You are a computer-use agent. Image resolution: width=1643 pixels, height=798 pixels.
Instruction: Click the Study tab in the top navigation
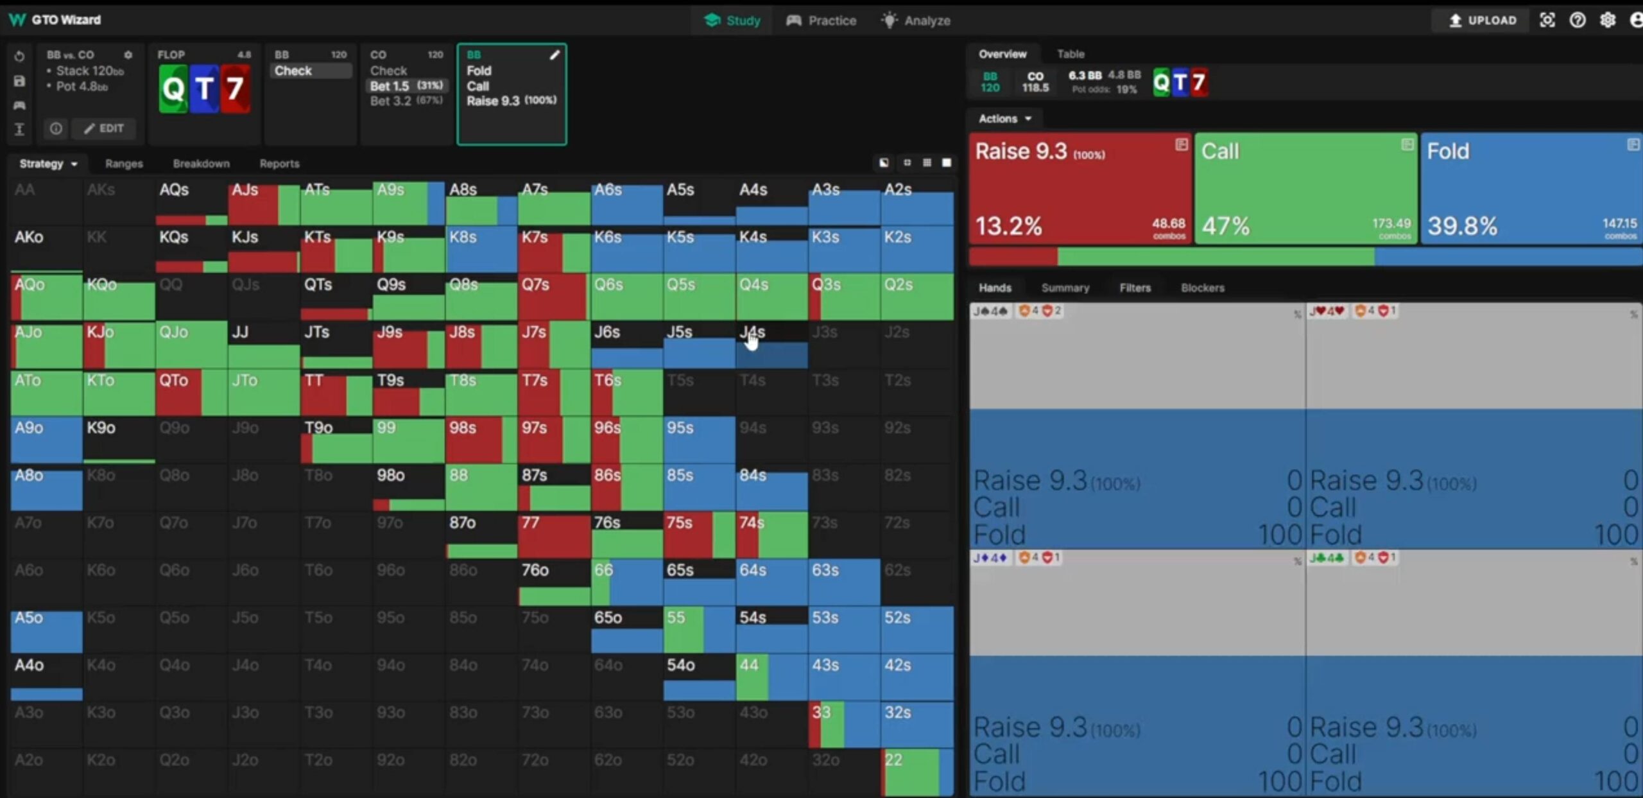pyautogui.click(x=732, y=21)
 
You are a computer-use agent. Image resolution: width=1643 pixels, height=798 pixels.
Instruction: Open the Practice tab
pyautogui.click(x=821, y=21)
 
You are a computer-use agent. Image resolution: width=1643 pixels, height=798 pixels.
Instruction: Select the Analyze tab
pyautogui.click(x=916, y=21)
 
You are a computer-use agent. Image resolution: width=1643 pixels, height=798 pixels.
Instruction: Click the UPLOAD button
pyautogui.click(x=1483, y=21)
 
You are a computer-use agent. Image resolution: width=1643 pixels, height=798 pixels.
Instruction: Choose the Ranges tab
pyautogui.click(x=124, y=164)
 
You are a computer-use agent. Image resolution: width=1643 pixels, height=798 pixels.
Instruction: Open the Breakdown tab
pyautogui.click(x=201, y=164)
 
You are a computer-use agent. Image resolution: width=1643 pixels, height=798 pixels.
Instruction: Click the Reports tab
pyautogui.click(x=279, y=164)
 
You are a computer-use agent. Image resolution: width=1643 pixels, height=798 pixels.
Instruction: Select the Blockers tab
pyautogui.click(x=1202, y=288)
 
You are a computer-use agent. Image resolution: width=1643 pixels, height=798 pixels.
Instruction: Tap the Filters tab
pyautogui.click(x=1135, y=288)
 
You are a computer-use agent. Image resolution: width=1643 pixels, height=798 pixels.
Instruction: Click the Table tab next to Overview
pyautogui.click(x=1071, y=54)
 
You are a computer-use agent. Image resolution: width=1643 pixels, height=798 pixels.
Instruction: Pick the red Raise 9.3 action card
pyautogui.click(x=1080, y=189)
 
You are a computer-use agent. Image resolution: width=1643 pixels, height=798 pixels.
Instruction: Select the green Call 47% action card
pyautogui.click(x=1305, y=189)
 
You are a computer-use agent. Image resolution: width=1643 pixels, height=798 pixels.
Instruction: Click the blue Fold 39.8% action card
pyautogui.click(x=1531, y=189)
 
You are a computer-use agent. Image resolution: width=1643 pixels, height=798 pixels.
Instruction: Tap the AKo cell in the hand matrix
pyautogui.click(x=46, y=248)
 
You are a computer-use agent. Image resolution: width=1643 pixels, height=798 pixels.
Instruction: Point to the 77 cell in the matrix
pyautogui.click(x=554, y=534)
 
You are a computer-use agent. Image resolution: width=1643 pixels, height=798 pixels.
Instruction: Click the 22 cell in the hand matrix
pyautogui.click(x=916, y=772)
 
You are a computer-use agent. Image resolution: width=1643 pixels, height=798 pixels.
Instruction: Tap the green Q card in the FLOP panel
pyautogui.click(x=173, y=89)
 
